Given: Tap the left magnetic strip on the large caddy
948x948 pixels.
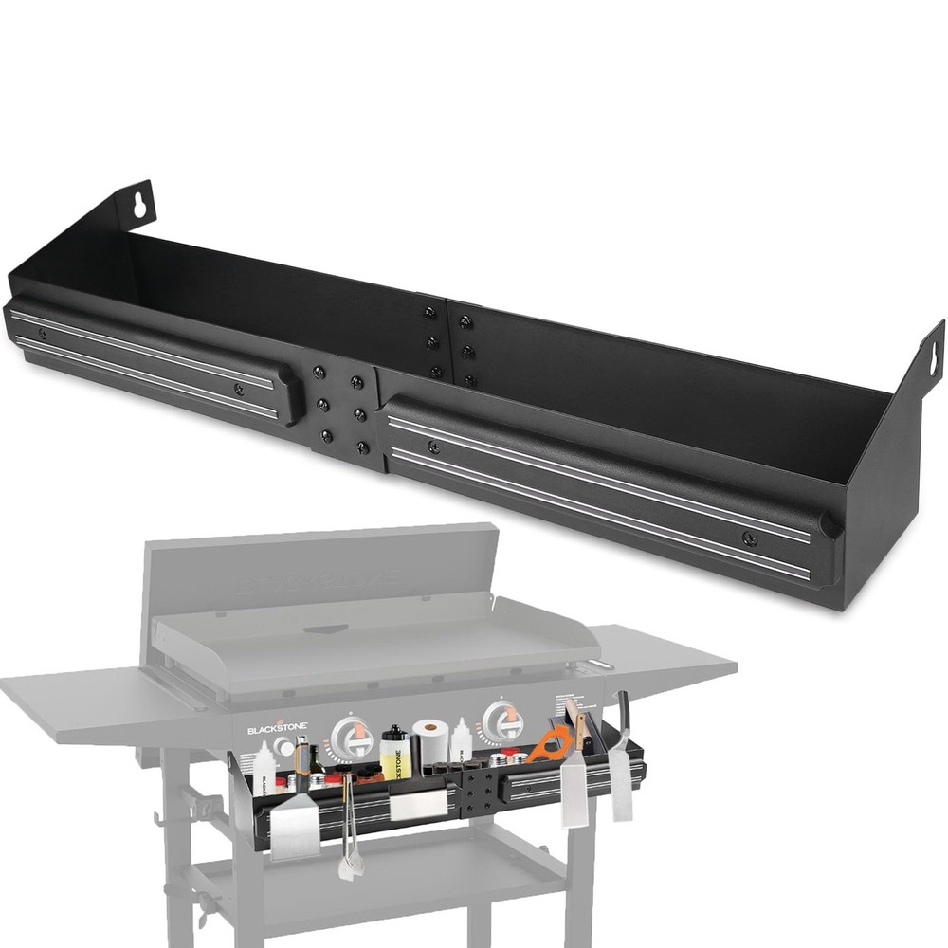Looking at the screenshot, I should pyautogui.click(x=152, y=358).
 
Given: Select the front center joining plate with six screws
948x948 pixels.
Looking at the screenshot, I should pyautogui.click(x=342, y=410).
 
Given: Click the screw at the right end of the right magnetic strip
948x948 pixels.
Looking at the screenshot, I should pyautogui.click(x=750, y=540).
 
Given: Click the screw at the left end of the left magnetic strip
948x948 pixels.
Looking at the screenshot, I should pyautogui.click(x=42, y=334).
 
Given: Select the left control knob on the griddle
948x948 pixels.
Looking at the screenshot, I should pyautogui.click(x=352, y=737).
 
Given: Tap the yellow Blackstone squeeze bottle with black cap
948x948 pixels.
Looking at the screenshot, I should pyautogui.click(x=393, y=754).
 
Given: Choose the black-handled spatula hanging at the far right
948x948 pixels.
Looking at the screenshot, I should pyautogui.click(x=621, y=758).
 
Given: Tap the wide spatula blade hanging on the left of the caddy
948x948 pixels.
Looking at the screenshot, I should pyautogui.click(x=296, y=825).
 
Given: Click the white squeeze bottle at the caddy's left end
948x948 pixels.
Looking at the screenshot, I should pyautogui.click(x=263, y=768).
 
